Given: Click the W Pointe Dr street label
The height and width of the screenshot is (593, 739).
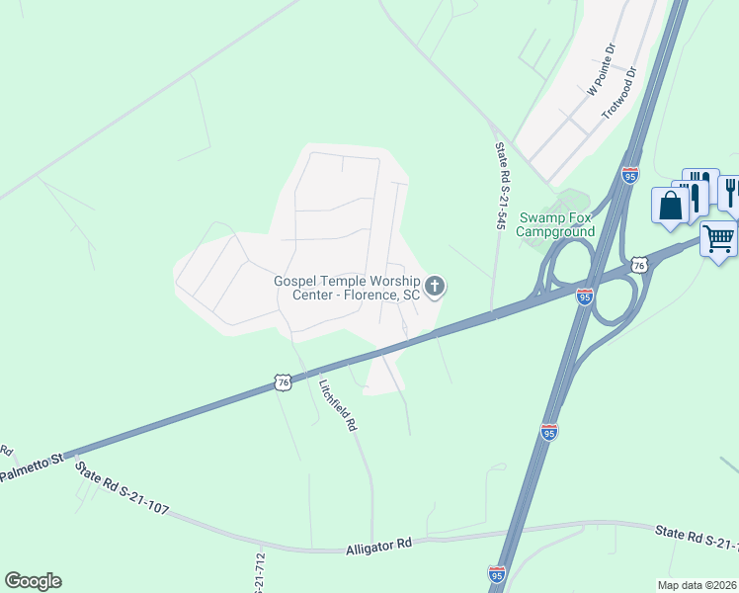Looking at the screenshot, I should click(601, 68).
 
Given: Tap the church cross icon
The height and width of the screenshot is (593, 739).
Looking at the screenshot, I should click(436, 287).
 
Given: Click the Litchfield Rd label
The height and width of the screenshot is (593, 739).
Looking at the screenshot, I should click(337, 405).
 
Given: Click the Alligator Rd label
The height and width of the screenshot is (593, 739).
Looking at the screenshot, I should click(377, 545).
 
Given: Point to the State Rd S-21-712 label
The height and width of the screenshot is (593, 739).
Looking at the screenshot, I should click(261, 573).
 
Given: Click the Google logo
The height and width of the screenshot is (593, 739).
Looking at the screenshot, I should click(33, 581).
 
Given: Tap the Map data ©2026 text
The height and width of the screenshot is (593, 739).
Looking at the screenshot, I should click(698, 583).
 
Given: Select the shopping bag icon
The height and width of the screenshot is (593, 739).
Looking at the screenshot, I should click(671, 206).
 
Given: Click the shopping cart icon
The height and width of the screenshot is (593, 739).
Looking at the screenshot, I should click(718, 238).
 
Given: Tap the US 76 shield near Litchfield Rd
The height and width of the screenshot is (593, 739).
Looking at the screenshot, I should click(283, 382).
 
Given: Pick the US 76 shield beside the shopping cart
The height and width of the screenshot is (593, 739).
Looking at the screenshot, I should click(639, 265).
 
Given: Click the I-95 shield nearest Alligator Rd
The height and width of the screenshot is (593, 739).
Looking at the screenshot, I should click(496, 574).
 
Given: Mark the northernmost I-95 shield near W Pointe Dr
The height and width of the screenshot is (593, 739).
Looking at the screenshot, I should click(630, 176).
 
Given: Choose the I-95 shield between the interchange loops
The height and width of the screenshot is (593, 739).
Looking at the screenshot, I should click(585, 296).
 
